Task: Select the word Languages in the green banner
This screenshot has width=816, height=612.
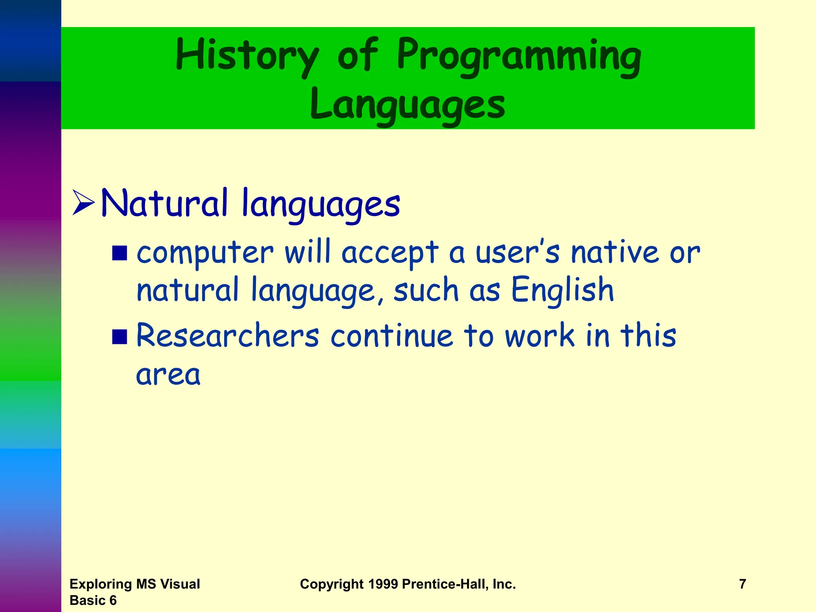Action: [x=408, y=104]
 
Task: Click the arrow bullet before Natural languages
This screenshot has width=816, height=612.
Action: [x=83, y=203]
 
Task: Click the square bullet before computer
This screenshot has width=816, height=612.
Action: [x=120, y=253]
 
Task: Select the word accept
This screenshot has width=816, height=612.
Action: [x=390, y=253]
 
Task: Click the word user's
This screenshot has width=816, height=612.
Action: [x=518, y=253]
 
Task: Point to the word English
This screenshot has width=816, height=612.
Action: [x=562, y=290]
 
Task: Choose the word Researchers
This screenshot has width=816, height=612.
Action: [x=228, y=335]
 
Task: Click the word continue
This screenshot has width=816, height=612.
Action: [x=392, y=335]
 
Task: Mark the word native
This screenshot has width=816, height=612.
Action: [x=615, y=253]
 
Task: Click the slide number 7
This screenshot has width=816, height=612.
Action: [x=742, y=584]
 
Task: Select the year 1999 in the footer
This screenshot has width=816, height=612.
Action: [x=383, y=584]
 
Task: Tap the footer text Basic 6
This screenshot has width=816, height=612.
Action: [x=93, y=600]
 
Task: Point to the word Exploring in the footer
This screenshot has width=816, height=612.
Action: [x=101, y=584]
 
